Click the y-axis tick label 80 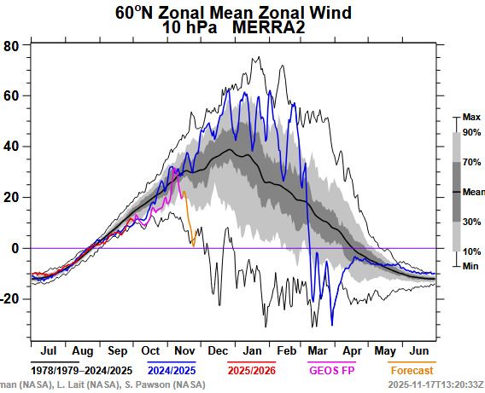[x=11, y=45]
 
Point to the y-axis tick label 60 [x=11, y=95]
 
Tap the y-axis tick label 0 [x=15, y=248]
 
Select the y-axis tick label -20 [x=9, y=298]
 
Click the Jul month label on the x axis [x=48, y=350]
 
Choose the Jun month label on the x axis [x=418, y=350]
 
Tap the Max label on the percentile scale [x=470, y=116]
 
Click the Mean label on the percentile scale [x=473, y=192]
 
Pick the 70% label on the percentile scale [x=471, y=161]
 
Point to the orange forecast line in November [x=189, y=213]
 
